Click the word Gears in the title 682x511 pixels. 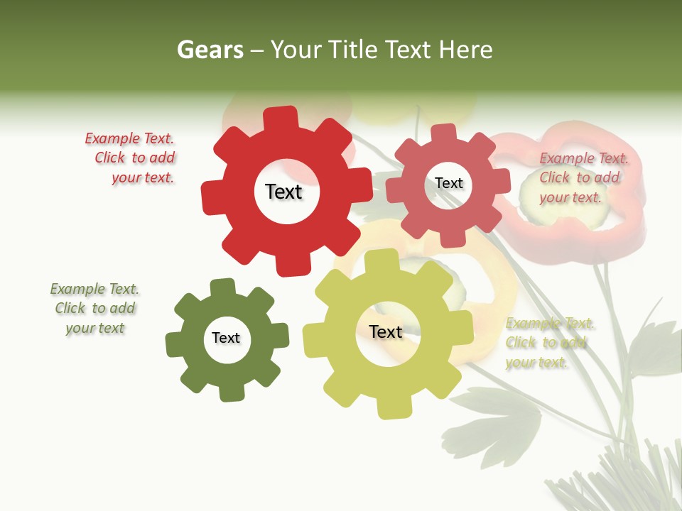point(210,50)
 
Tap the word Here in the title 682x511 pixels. point(465,50)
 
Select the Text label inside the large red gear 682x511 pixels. point(283,192)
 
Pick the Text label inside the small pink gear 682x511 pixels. point(448,183)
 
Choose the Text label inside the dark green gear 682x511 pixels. point(226,338)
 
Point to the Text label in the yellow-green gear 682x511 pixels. point(386,331)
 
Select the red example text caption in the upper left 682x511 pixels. point(131,158)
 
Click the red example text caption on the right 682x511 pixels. point(583,177)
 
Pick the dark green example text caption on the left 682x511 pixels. point(94,308)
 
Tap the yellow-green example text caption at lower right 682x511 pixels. point(548,343)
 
